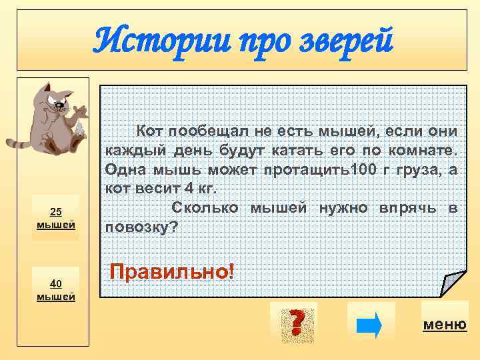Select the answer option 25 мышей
point(57,218)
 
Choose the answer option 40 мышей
point(57,289)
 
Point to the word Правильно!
point(172,271)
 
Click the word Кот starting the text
point(150,129)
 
